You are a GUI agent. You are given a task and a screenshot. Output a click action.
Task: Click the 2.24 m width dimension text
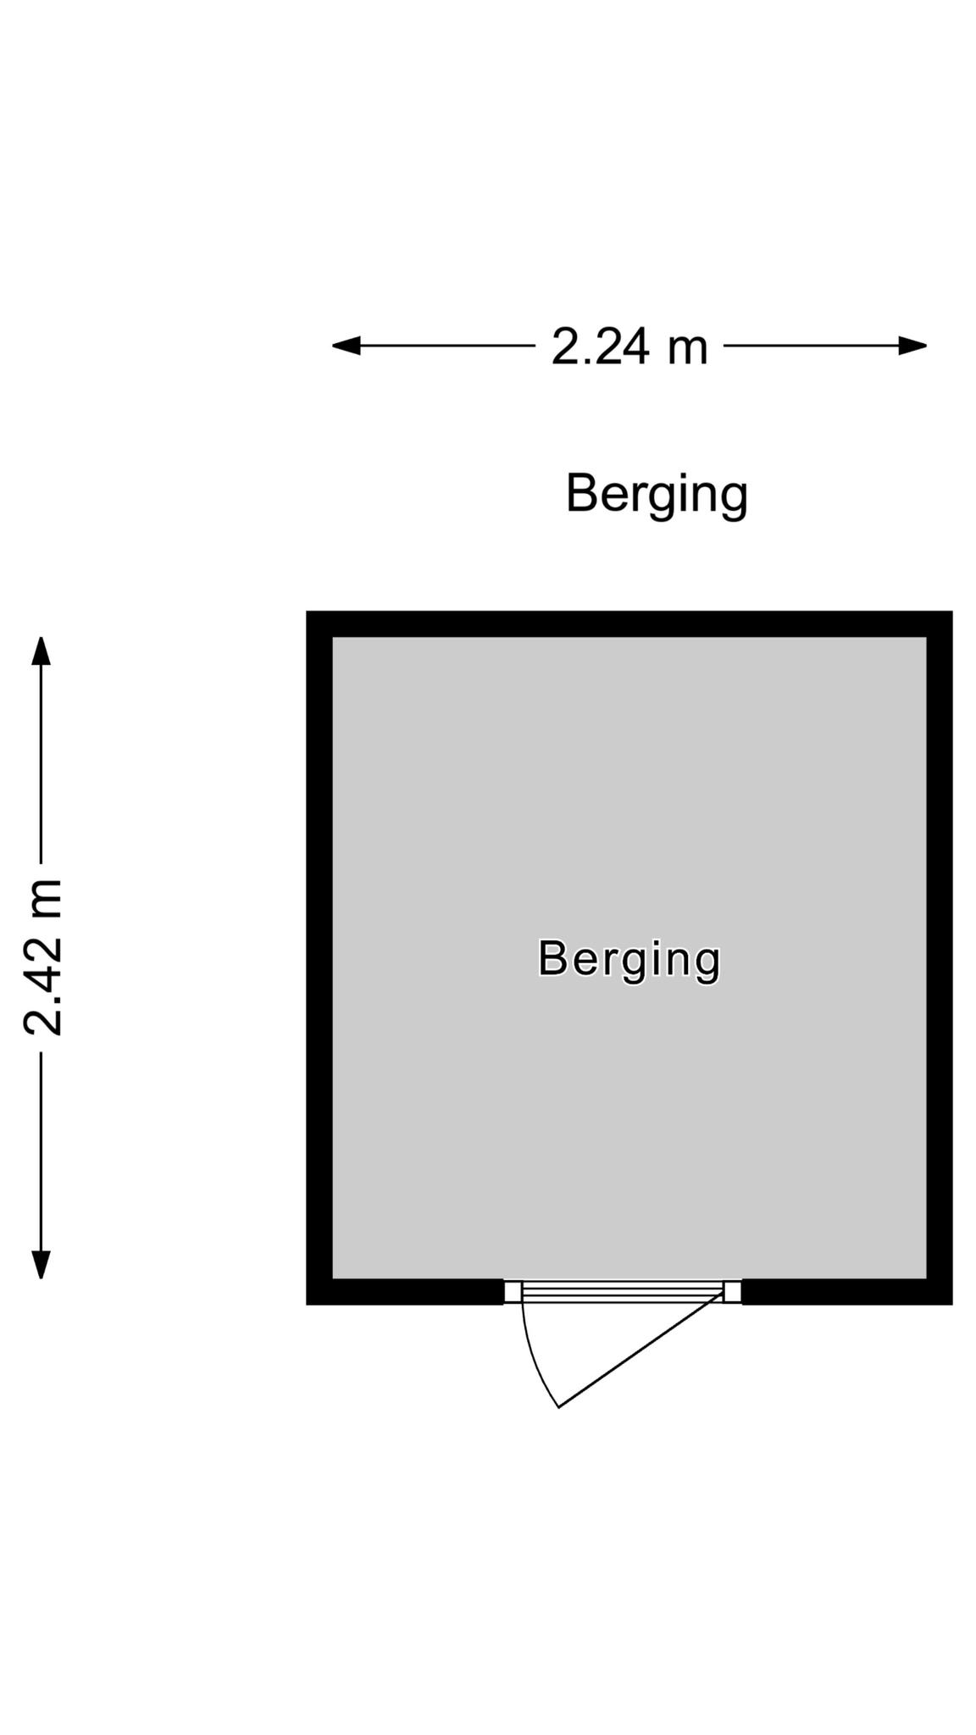click(629, 346)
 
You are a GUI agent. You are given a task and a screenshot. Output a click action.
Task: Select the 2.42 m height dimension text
click(43, 957)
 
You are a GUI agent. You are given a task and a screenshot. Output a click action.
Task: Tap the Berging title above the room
click(657, 494)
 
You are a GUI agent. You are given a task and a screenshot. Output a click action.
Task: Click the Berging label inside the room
click(629, 959)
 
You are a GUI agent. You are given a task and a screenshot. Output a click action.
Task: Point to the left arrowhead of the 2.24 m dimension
click(346, 346)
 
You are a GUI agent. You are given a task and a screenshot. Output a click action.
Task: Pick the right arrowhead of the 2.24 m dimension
click(913, 346)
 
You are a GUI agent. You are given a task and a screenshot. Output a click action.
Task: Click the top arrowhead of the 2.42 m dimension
click(41, 651)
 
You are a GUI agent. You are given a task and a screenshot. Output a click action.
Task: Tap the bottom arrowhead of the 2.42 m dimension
click(41, 1264)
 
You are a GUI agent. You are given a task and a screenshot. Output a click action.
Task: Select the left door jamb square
click(513, 1291)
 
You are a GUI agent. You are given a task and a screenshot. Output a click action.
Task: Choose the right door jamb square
click(733, 1291)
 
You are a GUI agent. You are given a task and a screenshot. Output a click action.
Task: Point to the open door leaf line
click(641, 1350)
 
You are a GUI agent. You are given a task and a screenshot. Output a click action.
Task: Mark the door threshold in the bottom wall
click(623, 1291)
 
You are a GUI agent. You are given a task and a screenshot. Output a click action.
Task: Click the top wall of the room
click(629, 624)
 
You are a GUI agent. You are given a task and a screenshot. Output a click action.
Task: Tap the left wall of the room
click(319, 957)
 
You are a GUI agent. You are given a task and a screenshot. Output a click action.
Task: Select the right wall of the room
click(940, 957)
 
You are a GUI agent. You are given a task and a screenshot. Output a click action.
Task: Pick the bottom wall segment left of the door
click(405, 1291)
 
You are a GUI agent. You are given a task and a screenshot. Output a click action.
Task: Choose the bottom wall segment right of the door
click(847, 1291)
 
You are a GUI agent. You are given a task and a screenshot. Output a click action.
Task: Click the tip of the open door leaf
click(558, 1407)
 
